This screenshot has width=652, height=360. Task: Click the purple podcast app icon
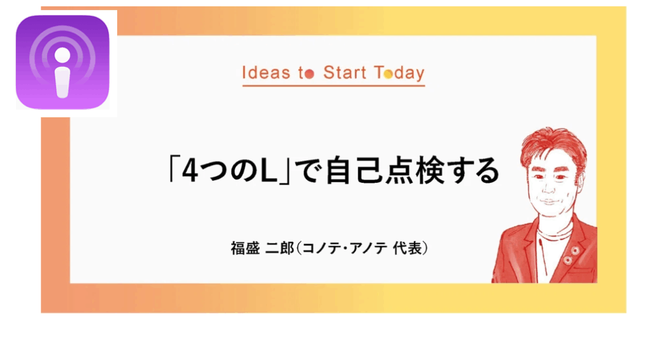pos(62,62)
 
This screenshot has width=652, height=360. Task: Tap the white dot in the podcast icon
pos(62,55)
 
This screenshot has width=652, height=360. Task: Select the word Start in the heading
pos(344,73)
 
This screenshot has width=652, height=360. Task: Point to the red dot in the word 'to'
pos(309,74)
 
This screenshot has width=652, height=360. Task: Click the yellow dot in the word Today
pos(388,74)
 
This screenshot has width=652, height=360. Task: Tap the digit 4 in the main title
pos(190,171)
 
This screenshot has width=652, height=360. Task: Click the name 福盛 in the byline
pos(245,248)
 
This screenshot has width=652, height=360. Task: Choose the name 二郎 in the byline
pos(280,248)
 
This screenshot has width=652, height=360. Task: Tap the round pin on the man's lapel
pos(575,250)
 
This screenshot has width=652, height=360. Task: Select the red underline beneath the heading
pos(334,85)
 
